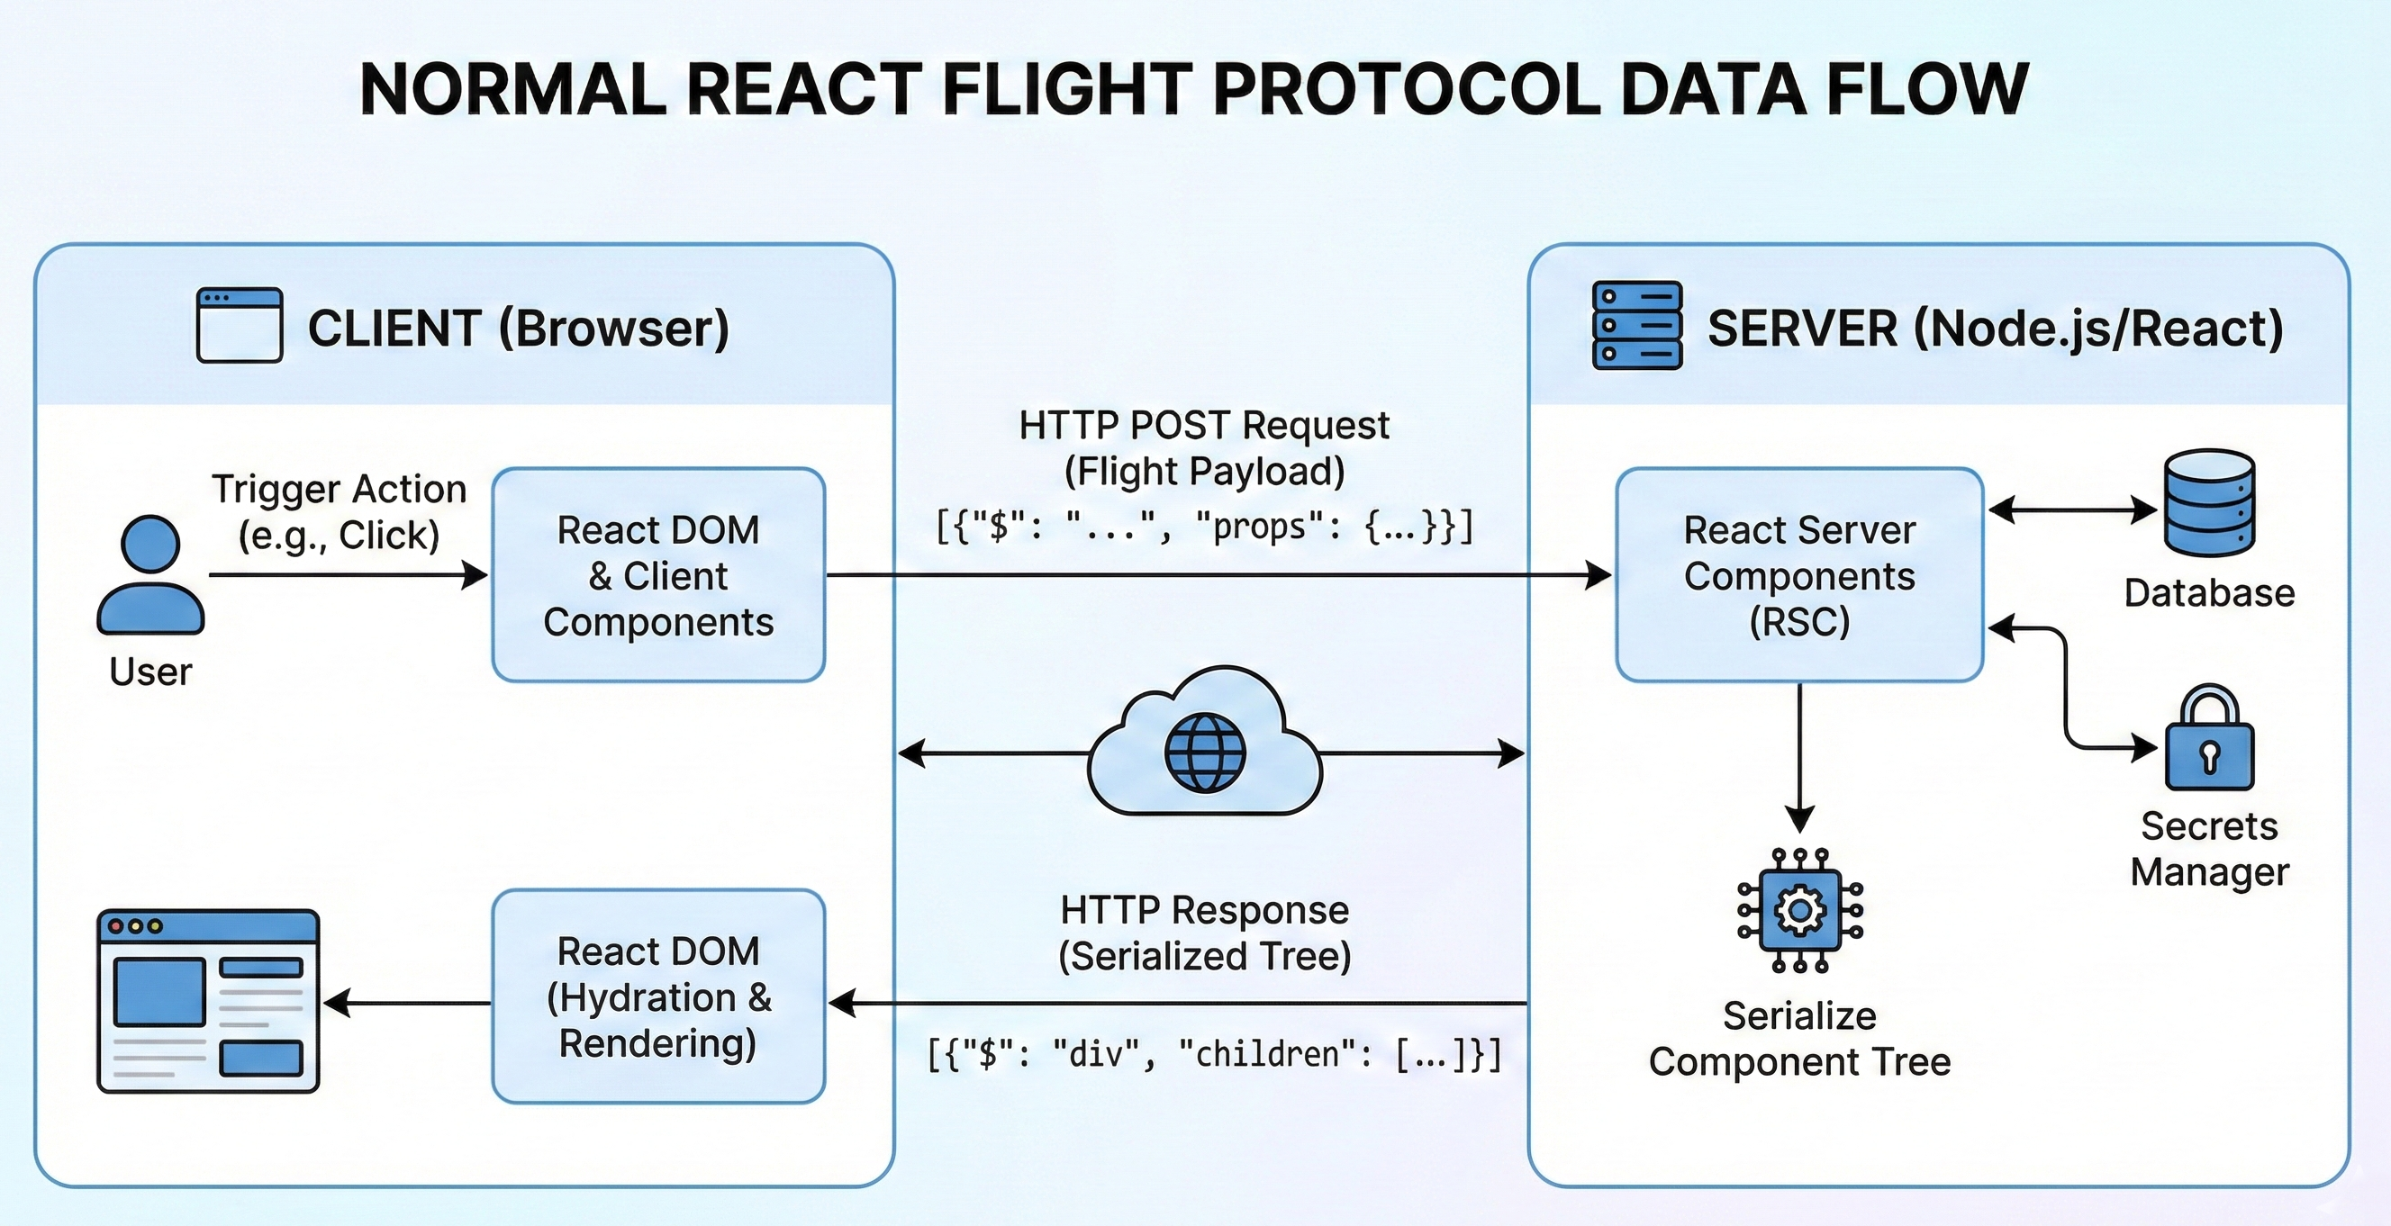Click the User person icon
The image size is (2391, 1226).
pos(150,574)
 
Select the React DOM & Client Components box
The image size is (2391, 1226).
pos(658,575)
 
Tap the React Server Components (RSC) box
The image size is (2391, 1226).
pos(1798,575)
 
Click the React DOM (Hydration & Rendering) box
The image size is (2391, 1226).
pos(658,996)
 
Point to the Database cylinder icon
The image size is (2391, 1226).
pos(2209,503)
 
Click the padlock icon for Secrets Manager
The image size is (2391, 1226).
pos(2209,738)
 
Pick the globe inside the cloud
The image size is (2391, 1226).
pos(1205,753)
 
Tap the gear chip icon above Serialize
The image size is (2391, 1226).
pos(1799,909)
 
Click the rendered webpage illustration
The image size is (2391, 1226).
pos(208,1001)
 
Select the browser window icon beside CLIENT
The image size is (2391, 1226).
pos(240,325)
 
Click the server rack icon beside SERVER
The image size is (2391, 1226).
pos(1637,326)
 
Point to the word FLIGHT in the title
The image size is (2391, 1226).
pos(1067,89)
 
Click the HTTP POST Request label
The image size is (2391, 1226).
pos(1204,425)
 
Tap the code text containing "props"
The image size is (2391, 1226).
pos(1204,527)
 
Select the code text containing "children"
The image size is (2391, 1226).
pos(1214,1054)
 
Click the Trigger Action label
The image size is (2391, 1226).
pos(339,489)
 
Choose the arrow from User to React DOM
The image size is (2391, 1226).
pos(349,575)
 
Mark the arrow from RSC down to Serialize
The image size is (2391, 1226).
pos(1799,758)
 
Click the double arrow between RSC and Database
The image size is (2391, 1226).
pos(2072,509)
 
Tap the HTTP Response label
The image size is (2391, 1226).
pos(1205,910)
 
